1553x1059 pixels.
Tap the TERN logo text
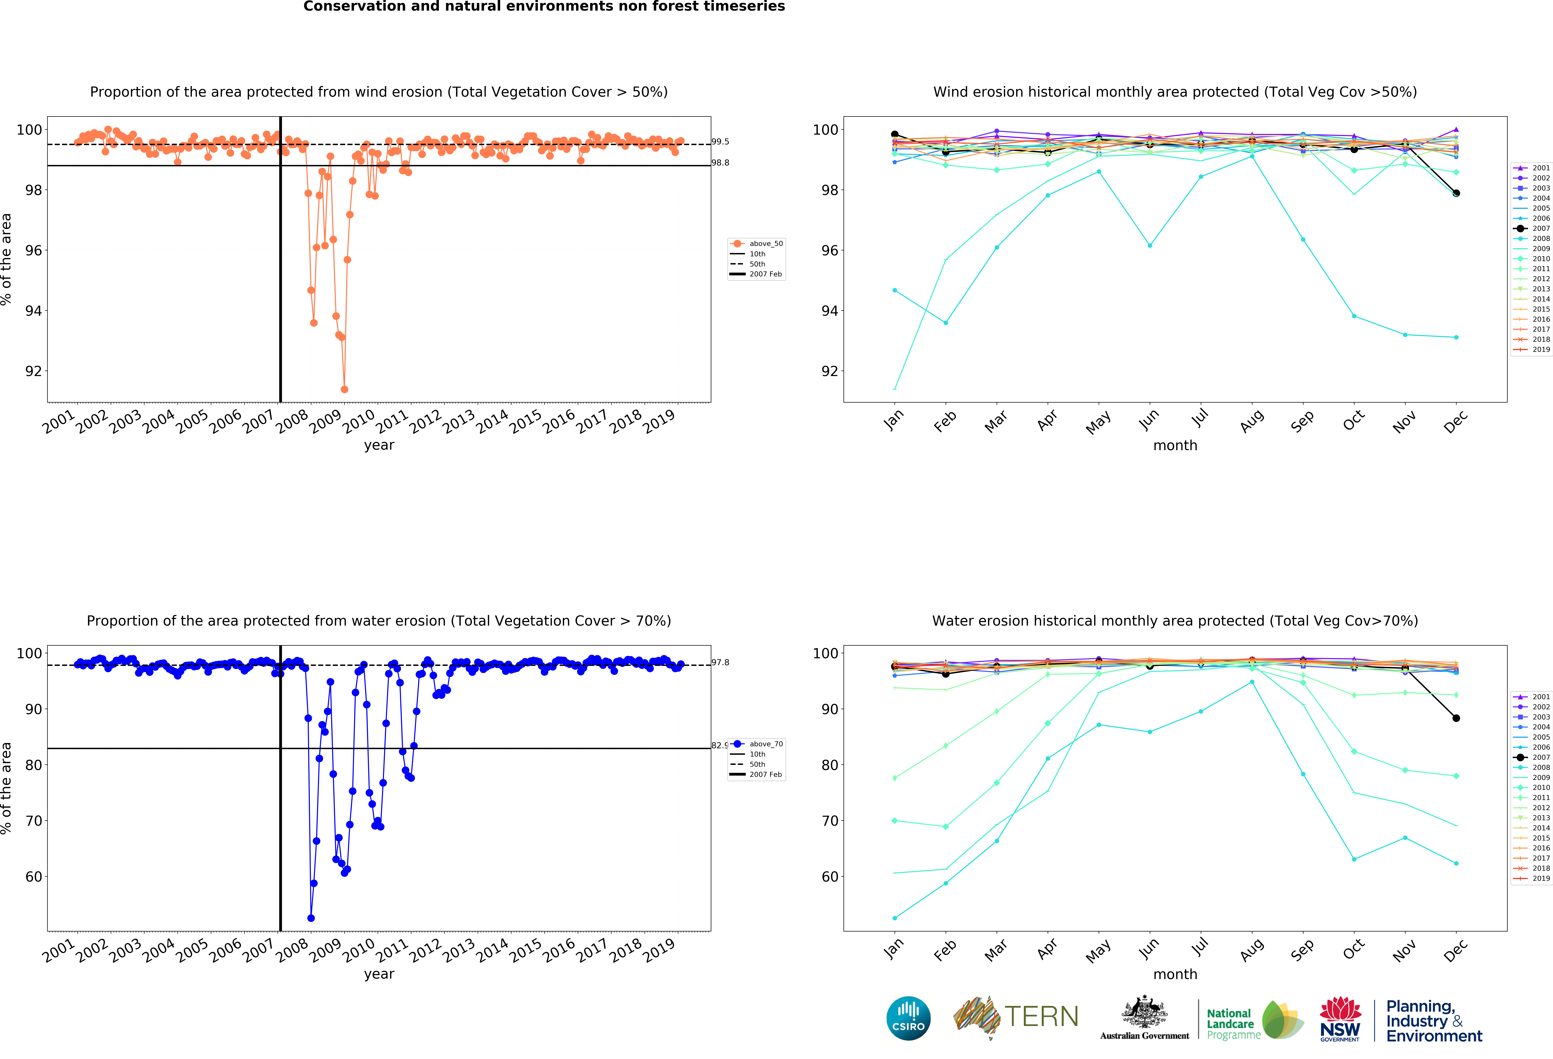[1041, 1017]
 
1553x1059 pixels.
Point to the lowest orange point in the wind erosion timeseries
[344, 389]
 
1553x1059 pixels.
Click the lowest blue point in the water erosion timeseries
[311, 918]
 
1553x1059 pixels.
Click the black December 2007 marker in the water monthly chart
[1456, 718]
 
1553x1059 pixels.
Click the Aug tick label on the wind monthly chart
[1252, 421]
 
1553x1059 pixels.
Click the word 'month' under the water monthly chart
[1175, 974]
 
